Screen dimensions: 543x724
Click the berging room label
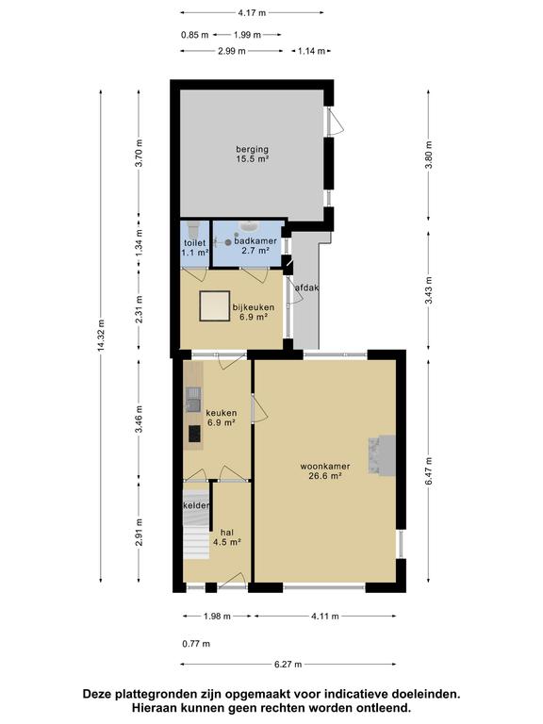252,155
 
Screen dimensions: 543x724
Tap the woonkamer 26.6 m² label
325,471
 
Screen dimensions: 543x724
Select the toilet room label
195,248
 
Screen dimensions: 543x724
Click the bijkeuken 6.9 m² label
254,312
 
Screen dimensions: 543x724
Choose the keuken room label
222,418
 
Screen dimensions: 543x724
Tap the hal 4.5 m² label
226,537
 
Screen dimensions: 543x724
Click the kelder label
197,505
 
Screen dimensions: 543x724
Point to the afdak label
307,288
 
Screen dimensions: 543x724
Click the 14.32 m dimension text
101,336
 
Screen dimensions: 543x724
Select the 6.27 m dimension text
288,665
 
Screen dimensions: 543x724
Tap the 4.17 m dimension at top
252,13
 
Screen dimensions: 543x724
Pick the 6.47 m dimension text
429,471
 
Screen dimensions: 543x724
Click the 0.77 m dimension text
196,644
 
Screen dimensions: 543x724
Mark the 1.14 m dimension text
311,51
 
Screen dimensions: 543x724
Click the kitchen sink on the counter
193,400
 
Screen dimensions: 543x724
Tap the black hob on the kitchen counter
195,434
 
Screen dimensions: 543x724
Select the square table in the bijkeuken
215,305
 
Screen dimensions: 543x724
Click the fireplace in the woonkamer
382,455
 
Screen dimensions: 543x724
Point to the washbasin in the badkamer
250,226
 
